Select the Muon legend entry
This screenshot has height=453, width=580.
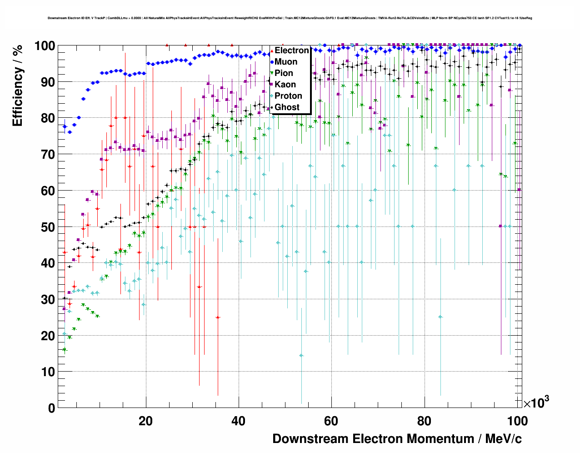coord(286,62)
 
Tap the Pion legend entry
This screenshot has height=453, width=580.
coord(284,73)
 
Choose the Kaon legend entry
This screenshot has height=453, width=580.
coord(285,85)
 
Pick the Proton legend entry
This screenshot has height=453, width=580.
coord(288,96)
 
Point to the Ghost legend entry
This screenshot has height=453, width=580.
coord(287,107)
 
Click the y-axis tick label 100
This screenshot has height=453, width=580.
coord(45,46)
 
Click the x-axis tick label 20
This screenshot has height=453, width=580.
coord(145,421)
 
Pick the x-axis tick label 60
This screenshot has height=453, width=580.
coord(331,421)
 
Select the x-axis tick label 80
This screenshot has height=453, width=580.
coord(424,421)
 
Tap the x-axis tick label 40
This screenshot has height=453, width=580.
coord(238,421)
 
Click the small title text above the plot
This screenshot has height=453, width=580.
coord(290,18)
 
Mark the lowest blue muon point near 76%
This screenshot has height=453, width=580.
coord(70,132)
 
